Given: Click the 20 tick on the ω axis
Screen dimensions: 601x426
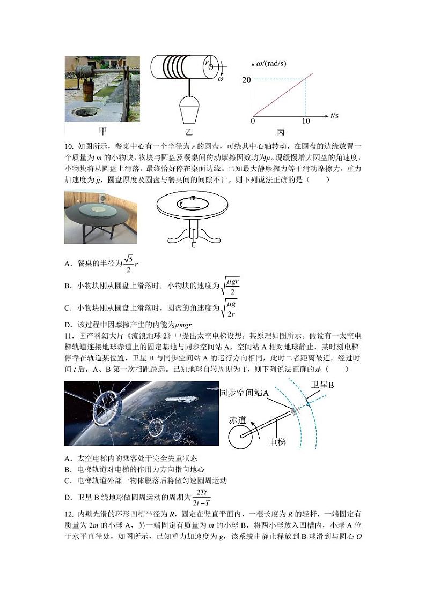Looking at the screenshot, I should coord(246,80).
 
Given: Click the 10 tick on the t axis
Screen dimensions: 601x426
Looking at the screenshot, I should coord(305,122).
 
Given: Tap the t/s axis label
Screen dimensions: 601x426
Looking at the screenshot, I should coord(335,115).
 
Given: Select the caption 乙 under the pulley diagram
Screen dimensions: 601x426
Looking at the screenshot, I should coord(189,131).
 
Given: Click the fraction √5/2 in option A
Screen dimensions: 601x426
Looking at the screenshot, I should coord(129,264).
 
